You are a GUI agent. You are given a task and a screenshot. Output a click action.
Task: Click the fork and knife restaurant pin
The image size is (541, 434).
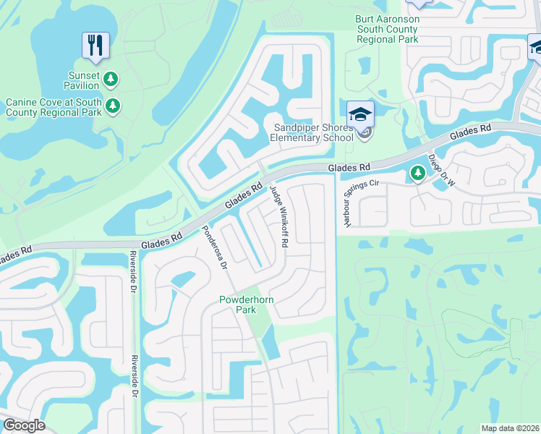[x=95, y=45]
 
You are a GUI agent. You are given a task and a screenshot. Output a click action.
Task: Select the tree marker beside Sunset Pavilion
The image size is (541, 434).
[x=111, y=78]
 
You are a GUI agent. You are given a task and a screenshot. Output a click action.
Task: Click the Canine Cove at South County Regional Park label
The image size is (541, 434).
[x=54, y=107]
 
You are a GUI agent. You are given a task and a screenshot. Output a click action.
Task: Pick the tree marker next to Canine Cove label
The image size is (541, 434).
[x=112, y=106]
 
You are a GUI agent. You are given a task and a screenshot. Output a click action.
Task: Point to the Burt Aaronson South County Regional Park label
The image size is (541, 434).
[x=387, y=29]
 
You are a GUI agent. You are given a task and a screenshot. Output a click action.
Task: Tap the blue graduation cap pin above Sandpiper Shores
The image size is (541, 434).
[x=359, y=114]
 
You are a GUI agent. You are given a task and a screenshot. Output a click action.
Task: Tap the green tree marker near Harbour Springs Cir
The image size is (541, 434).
[x=417, y=174]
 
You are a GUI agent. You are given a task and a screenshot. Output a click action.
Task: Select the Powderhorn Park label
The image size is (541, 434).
[x=238, y=305]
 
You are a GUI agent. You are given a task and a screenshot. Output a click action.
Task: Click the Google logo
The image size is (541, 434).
[x=25, y=425]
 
